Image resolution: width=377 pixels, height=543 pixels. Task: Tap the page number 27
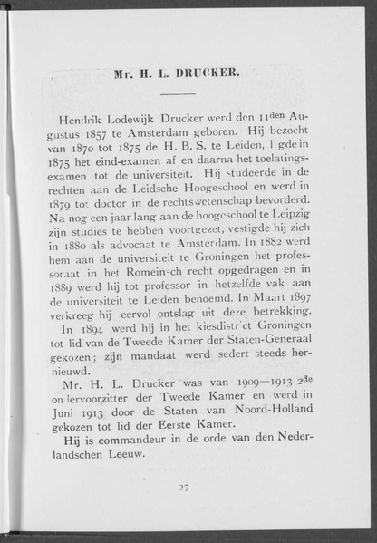tap(184, 487)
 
